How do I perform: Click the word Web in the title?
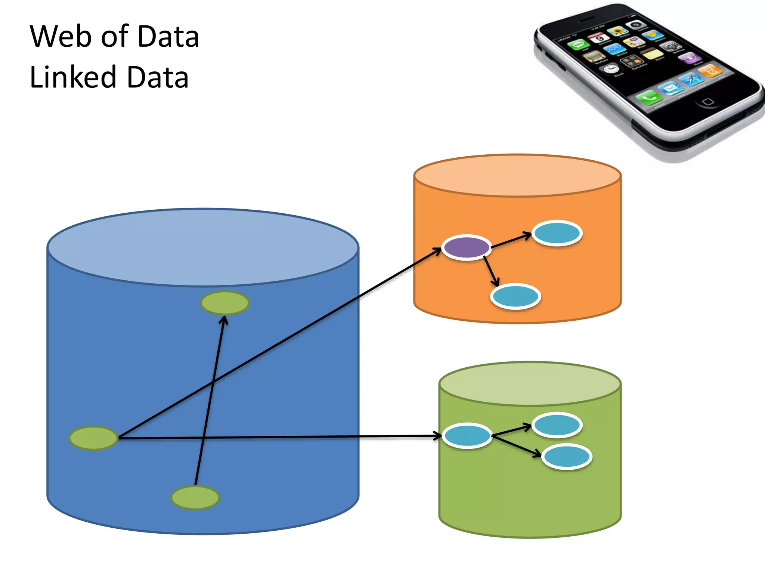click(61, 36)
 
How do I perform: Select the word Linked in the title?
click(73, 77)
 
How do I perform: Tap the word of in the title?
click(115, 36)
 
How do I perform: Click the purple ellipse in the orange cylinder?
click(467, 247)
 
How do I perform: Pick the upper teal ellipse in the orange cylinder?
click(557, 233)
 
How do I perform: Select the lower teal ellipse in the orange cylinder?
click(515, 296)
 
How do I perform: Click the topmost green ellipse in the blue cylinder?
click(224, 303)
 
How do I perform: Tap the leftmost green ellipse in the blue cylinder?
click(93, 438)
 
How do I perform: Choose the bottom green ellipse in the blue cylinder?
click(195, 497)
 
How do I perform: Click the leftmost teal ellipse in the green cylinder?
click(467, 436)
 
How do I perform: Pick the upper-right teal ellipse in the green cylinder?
click(557, 425)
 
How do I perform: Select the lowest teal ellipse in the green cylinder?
click(567, 456)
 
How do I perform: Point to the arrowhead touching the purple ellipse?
click(437, 250)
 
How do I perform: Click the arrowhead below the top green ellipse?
click(223, 320)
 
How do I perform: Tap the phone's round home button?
click(707, 102)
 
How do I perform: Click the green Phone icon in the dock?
click(649, 98)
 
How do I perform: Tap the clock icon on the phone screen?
click(611, 69)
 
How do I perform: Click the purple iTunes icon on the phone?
click(689, 58)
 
